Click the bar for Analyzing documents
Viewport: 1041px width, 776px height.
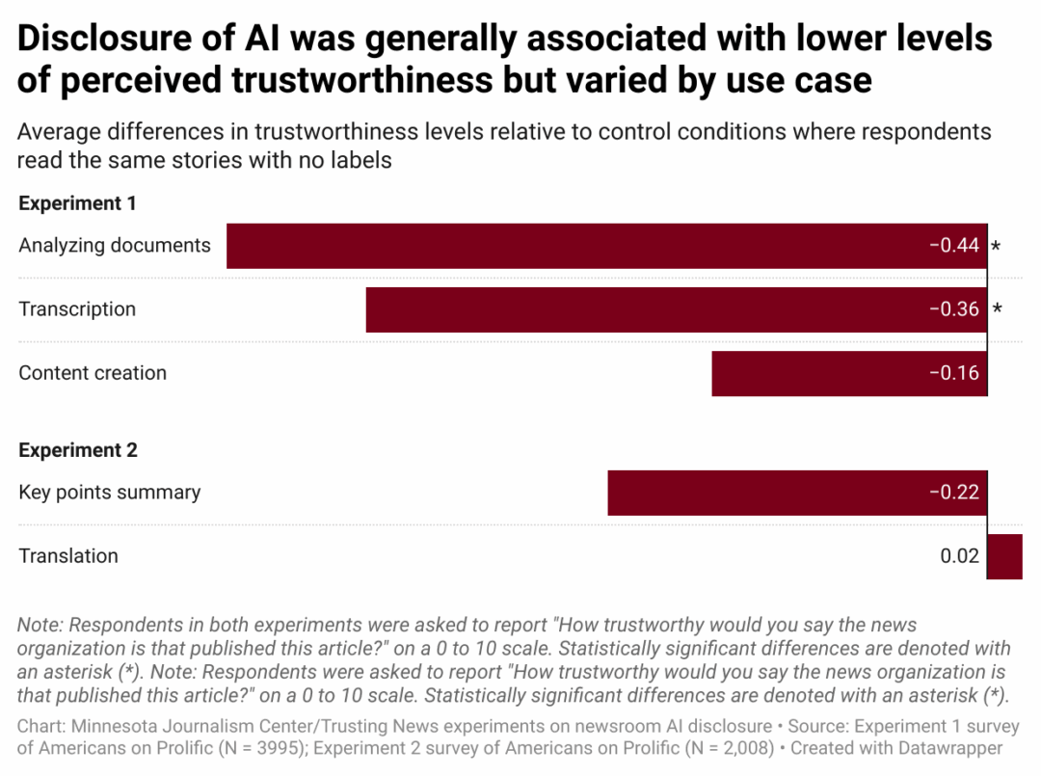coord(578,246)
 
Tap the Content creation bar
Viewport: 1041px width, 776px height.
coord(819,373)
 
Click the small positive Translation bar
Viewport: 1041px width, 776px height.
coord(1005,556)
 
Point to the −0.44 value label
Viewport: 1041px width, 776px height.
coord(954,246)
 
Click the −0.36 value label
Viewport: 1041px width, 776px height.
coord(954,309)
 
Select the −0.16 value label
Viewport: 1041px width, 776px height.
coord(954,373)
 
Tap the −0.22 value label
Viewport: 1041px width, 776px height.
coord(954,493)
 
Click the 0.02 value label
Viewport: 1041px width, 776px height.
coord(960,556)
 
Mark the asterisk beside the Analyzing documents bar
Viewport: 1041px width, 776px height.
coord(997,248)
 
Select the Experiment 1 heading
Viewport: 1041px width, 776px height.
coord(77,203)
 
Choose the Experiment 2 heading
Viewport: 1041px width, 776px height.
coord(78,450)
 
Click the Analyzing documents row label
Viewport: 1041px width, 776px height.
coord(115,246)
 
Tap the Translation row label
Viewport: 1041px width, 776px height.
coord(68,556)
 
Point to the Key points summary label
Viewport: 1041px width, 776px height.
coord(110,493)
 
